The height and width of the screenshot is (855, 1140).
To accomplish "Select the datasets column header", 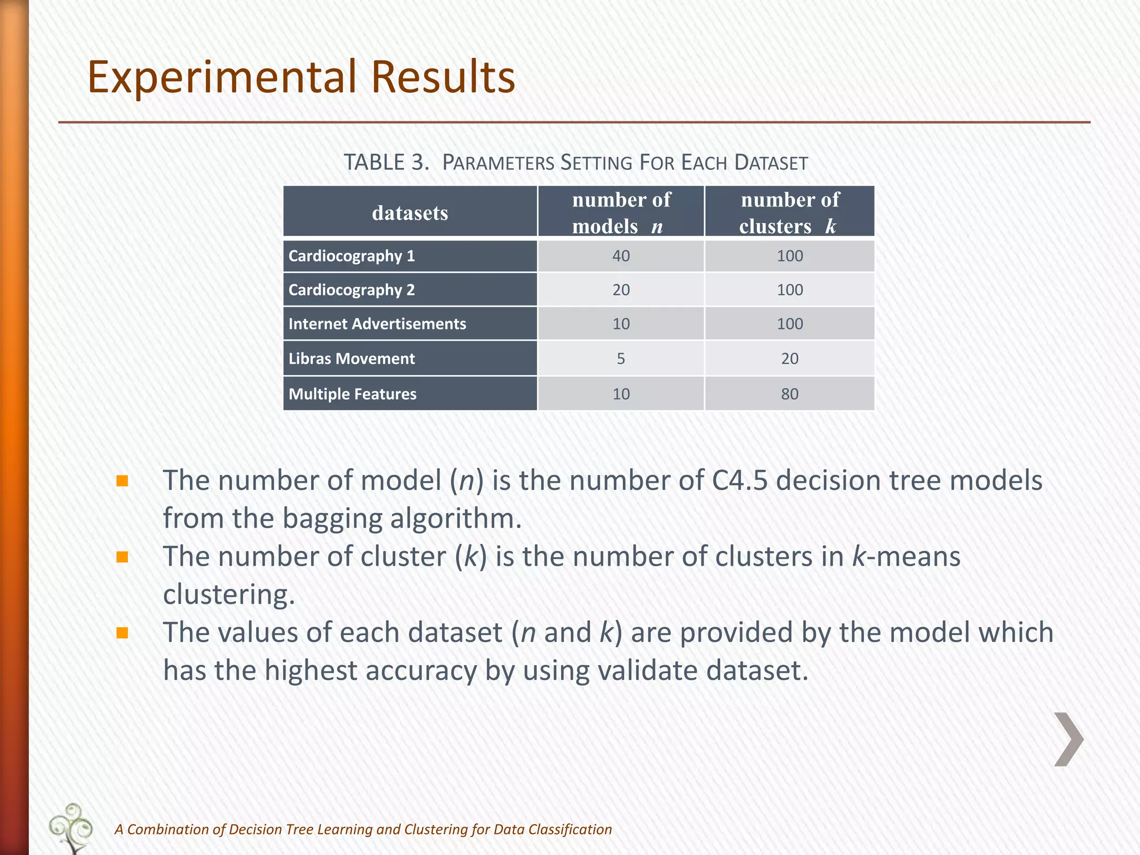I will pyautogui.click(x=410, y=213).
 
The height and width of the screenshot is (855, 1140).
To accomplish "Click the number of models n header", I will pyautogui.click(x=621, y=213).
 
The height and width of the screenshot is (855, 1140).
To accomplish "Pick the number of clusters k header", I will pyautogui.click(x=789, y=213).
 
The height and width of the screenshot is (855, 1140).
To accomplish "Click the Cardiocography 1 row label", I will pyautogui.click(x=352, y=256).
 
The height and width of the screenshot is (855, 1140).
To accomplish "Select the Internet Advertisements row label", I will pyautogui.click(x=377, y=324).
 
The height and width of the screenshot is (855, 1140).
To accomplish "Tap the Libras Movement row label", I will pyautogui.click(x=352, y=358).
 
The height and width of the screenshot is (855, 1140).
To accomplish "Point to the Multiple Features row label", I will pyautogui.click(x=352, y=394).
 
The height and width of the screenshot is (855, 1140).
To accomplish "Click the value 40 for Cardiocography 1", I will pyautogui.click(x=621, y=256).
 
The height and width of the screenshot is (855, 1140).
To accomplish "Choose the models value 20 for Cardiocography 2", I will pyautogui.click(x=621, y=290).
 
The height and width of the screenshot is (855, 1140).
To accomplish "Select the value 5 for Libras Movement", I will pyautogui.click(x=621, y=358).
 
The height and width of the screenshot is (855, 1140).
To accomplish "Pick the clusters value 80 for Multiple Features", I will pyautogui.click(x=789, y=394).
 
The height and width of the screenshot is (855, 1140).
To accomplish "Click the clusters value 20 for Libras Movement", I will pyautogui.click(x=789, y=358).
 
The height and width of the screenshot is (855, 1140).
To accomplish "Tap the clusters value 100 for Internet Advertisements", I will pyautogui.click(x=789, y=324).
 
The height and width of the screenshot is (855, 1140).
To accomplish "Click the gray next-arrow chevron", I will pyautogui.click(x=1069, y=739).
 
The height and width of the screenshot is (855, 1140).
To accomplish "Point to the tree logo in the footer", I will pyautogui.click(x=71, y=828).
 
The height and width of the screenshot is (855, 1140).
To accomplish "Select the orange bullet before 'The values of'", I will pyautogui.click(x=122, y=633).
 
